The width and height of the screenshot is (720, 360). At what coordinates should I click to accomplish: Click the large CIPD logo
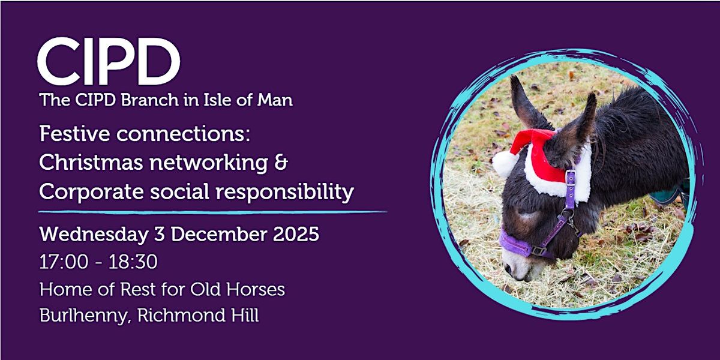pos(109,61)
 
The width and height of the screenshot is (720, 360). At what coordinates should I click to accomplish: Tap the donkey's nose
pos(515,268)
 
